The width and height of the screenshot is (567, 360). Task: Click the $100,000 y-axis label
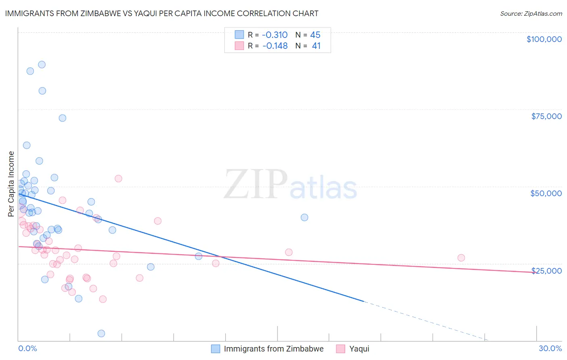point(544,39)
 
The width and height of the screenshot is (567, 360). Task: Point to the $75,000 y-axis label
point(546,116)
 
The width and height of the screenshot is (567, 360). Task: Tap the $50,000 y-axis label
point(546,193)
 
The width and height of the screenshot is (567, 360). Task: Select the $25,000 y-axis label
point(546,270)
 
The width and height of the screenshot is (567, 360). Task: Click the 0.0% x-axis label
point(27,348)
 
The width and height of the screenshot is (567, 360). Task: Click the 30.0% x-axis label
point(550,348)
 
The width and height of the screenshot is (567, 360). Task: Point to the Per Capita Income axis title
point(11,184)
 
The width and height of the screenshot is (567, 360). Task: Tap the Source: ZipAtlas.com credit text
point(531,13)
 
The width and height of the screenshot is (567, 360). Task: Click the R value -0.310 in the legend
point(275,35)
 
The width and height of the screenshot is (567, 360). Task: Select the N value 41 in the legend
point(316,46)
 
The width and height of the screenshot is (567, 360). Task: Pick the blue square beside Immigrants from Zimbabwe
point(216,349)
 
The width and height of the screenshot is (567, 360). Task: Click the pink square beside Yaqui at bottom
point(341,349)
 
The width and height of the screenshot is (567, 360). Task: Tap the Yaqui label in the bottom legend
point(359,349)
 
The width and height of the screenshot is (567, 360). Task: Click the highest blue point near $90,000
point(42,65)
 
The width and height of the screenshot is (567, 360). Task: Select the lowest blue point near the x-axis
point(101,333)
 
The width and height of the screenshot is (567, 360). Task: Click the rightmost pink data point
point(461,258)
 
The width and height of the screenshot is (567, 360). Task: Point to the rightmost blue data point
point(304,218)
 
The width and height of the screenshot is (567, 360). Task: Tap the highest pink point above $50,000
point(118,178)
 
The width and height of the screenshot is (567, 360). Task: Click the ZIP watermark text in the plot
point(255,185)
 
